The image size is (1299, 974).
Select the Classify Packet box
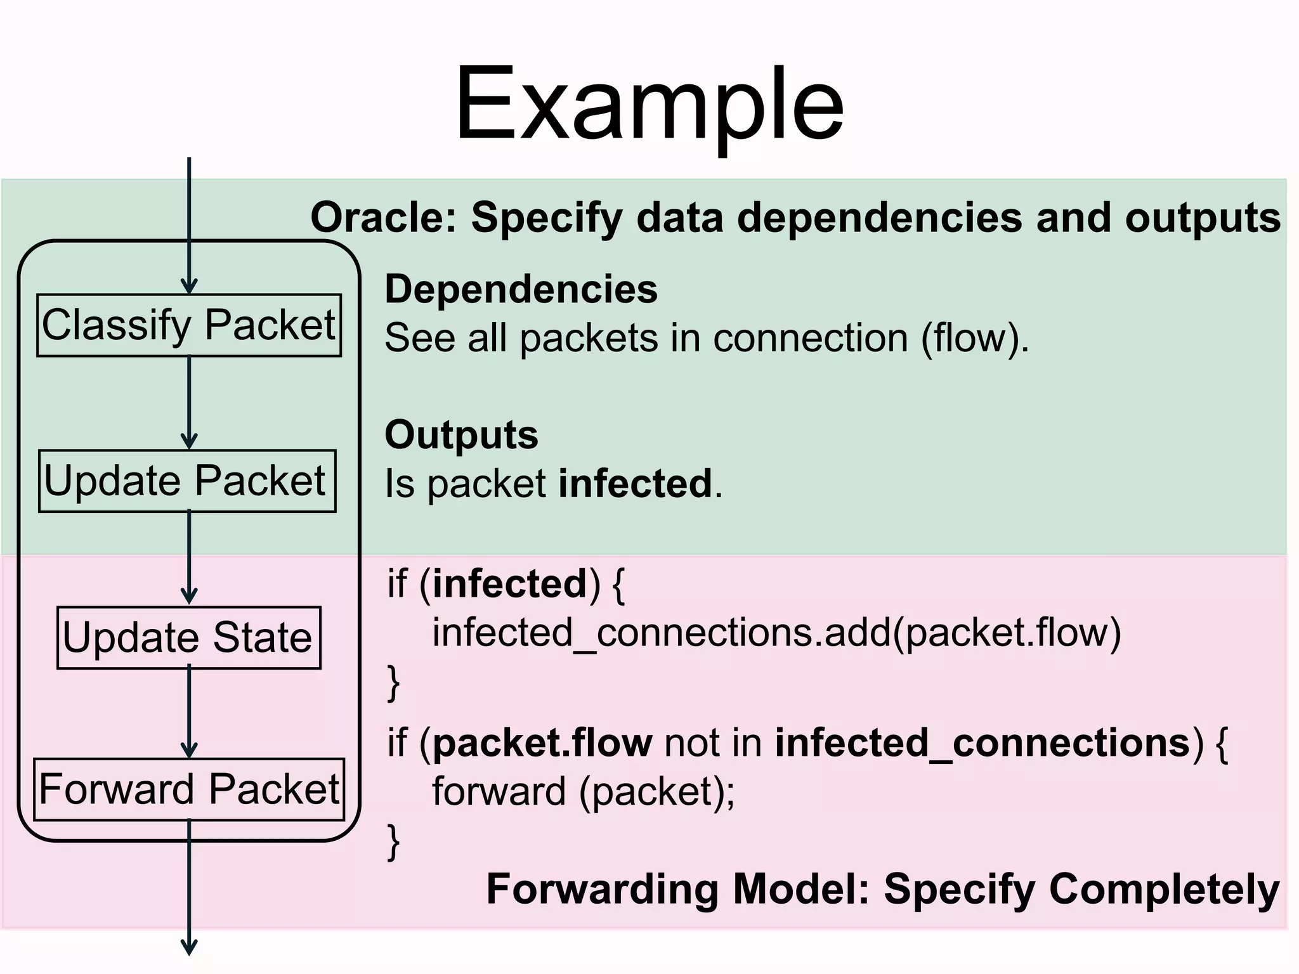tap(189, 325)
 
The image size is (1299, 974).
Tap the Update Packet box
tap(187, 481)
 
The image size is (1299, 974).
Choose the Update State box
tap(189, 637)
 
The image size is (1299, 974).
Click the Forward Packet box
tap(189, 789)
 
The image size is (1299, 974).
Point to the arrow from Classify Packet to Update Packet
tap(189, 403)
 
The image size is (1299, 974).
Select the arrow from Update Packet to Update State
tap(189, 558)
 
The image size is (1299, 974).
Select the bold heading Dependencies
tap(521, 290)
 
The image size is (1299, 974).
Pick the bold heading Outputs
tap(461, 435)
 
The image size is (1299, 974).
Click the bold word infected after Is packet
tap(635, 484)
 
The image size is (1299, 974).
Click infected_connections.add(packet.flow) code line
tap(776, 633)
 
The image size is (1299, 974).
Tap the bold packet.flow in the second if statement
tap(542, 743)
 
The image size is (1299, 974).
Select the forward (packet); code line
tap(583, 791)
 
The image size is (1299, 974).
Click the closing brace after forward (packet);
tap(393, 841)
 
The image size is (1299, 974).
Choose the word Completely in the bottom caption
tap(1164, 889)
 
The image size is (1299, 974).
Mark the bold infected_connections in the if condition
tap(982, 743)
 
